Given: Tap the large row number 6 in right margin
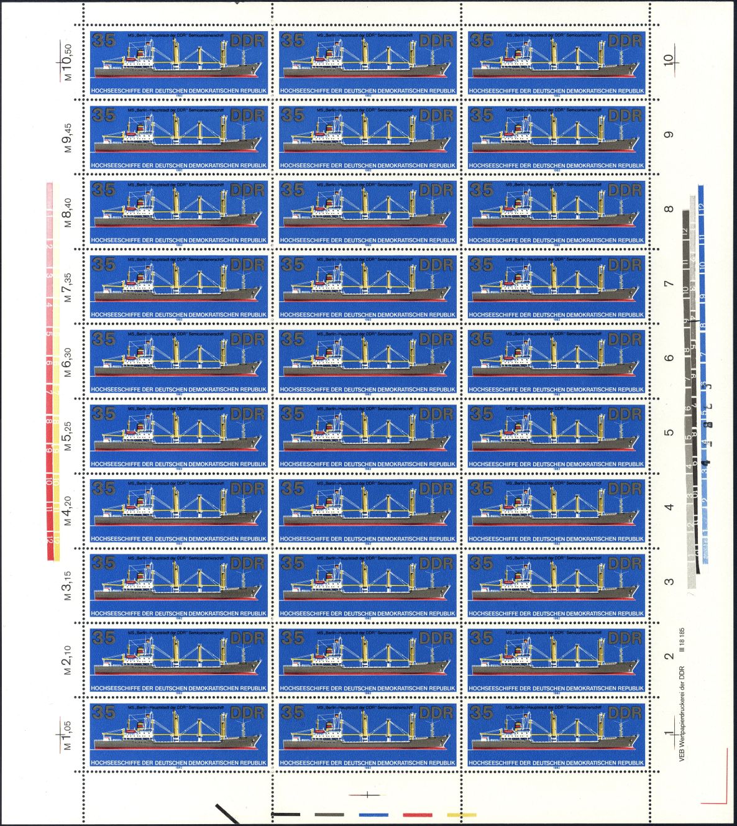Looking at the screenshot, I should point(669,359).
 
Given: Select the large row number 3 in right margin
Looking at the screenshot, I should point(669,582).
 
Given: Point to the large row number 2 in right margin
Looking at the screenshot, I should point(669,657).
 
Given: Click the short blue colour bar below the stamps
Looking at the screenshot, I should point(373,814).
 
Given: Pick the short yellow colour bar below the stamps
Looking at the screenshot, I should point(462,814).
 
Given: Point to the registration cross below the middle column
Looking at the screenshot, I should point(367,794).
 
